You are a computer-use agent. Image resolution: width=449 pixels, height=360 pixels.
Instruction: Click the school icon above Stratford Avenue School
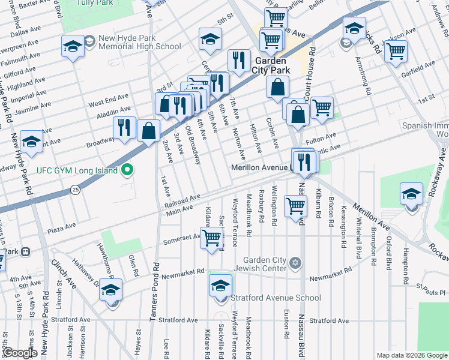220,286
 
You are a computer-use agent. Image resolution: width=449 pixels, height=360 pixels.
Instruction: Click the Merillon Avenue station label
260,168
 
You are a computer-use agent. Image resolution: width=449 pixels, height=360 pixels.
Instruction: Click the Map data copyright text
411,355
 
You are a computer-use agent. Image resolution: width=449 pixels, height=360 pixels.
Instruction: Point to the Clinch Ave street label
64,273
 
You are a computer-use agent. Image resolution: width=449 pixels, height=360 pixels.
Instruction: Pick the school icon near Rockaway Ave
411,194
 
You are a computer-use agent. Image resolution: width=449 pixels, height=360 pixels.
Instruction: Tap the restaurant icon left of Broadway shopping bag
124,127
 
